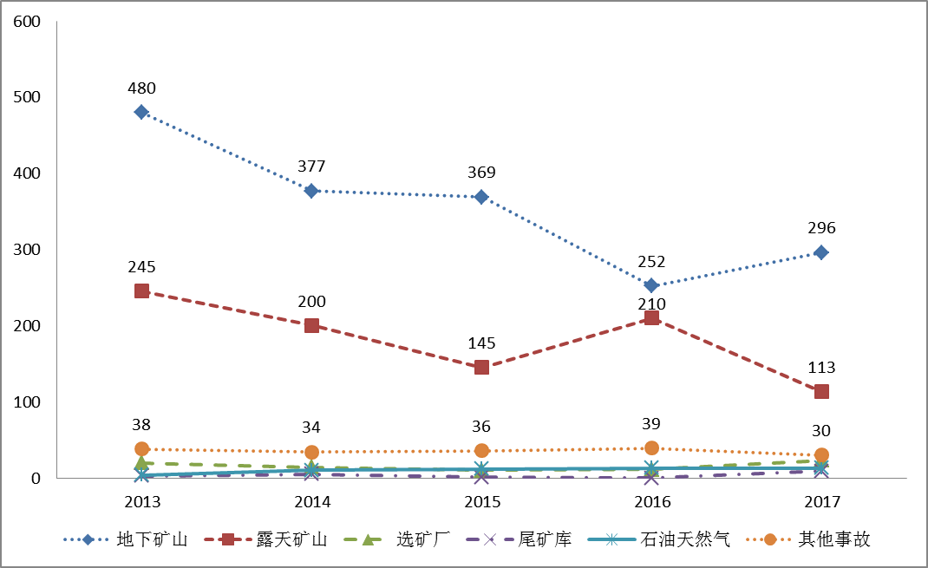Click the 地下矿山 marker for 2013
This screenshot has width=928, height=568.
point(141,112)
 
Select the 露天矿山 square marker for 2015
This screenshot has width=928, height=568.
point(481,367)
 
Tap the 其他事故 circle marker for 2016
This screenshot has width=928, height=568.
point(651,448)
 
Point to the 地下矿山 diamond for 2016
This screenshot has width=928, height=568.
point(651,285)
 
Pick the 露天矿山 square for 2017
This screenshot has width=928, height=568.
point(821,391)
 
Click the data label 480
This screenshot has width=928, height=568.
point(141,88)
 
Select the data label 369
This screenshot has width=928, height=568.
point(481,173)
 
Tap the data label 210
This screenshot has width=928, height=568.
point(651,304)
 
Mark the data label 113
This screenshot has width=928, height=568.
point(821,368)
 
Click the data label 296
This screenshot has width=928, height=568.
point(821,228)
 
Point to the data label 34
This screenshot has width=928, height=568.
point(311,428)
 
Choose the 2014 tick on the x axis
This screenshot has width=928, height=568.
point(311,503)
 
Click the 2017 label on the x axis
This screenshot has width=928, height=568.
point(821,503)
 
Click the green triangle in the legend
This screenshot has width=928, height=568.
point(367,539)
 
